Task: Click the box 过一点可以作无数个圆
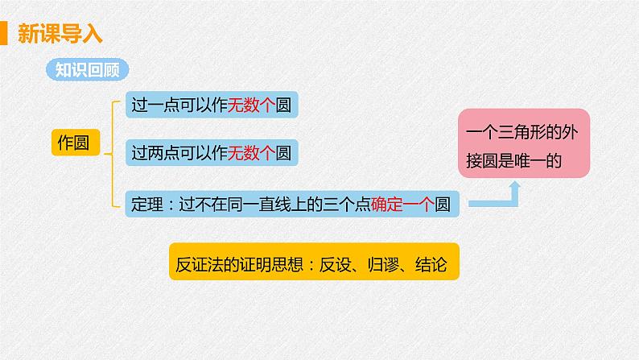[210, 106]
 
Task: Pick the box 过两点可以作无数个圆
[210, 151]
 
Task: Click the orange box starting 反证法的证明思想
[314, 263]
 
